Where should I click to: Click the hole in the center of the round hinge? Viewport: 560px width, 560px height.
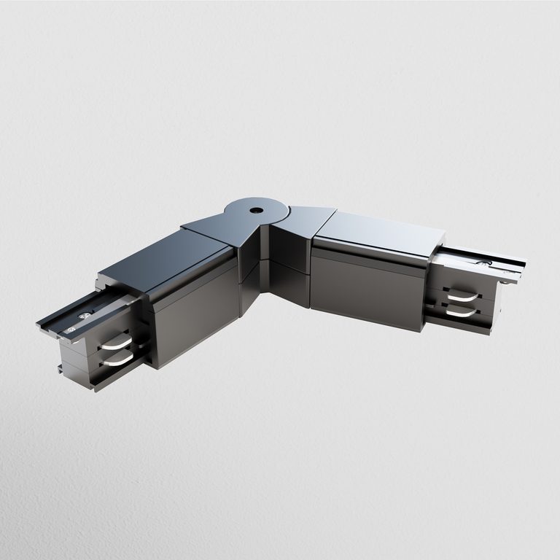pyautogui.click(x=256, y=209)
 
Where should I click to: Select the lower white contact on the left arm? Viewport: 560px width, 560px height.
pyautogui.click(x=117, y=359)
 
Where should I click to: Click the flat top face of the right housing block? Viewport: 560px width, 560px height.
pyautogui.click(x=379, y=232)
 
